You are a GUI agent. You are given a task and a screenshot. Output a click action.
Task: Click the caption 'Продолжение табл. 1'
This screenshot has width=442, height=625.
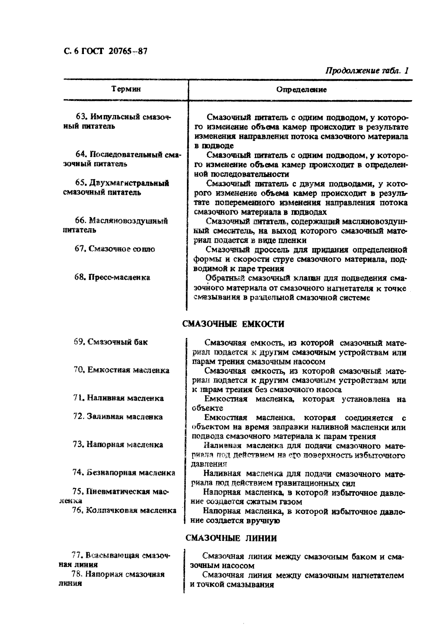pyautogui.click(x=367, y=70)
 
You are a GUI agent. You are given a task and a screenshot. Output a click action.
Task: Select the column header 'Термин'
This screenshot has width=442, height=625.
pyautogui.click(x=126, y=89)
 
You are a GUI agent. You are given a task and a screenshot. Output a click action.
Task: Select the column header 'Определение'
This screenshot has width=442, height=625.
pyautogui.click(x=301, y=90)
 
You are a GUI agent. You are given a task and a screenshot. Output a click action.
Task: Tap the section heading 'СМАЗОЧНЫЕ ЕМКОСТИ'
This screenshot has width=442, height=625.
pyautogui.click(x=233, y=324)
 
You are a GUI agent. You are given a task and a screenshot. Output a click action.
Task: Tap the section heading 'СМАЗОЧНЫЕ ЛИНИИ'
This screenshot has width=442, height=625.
pyautogui.click(x=231, y=538)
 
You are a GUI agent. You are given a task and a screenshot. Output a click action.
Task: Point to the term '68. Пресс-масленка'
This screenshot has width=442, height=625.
pyautogui.click(x=112, y=277)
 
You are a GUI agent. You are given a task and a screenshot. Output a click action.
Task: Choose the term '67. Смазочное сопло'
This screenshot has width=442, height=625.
pyautogui.click(x=115, y=249)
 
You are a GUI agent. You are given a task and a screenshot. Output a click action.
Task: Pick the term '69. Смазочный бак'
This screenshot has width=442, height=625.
pyautogui.click(x=111, y=342)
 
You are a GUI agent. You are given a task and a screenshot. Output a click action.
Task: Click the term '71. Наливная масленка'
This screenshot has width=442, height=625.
pyautogui.click(x=118, y=398)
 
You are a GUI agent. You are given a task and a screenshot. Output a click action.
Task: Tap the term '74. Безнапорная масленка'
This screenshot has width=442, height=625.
pyautogui.click(x=124, y=473)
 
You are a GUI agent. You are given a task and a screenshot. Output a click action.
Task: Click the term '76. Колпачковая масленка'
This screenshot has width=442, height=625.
pyautogui.click(x=124, y=510)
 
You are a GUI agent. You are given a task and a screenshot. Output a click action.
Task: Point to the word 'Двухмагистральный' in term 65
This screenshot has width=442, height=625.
pyautogui.click(x=129, y=183)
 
